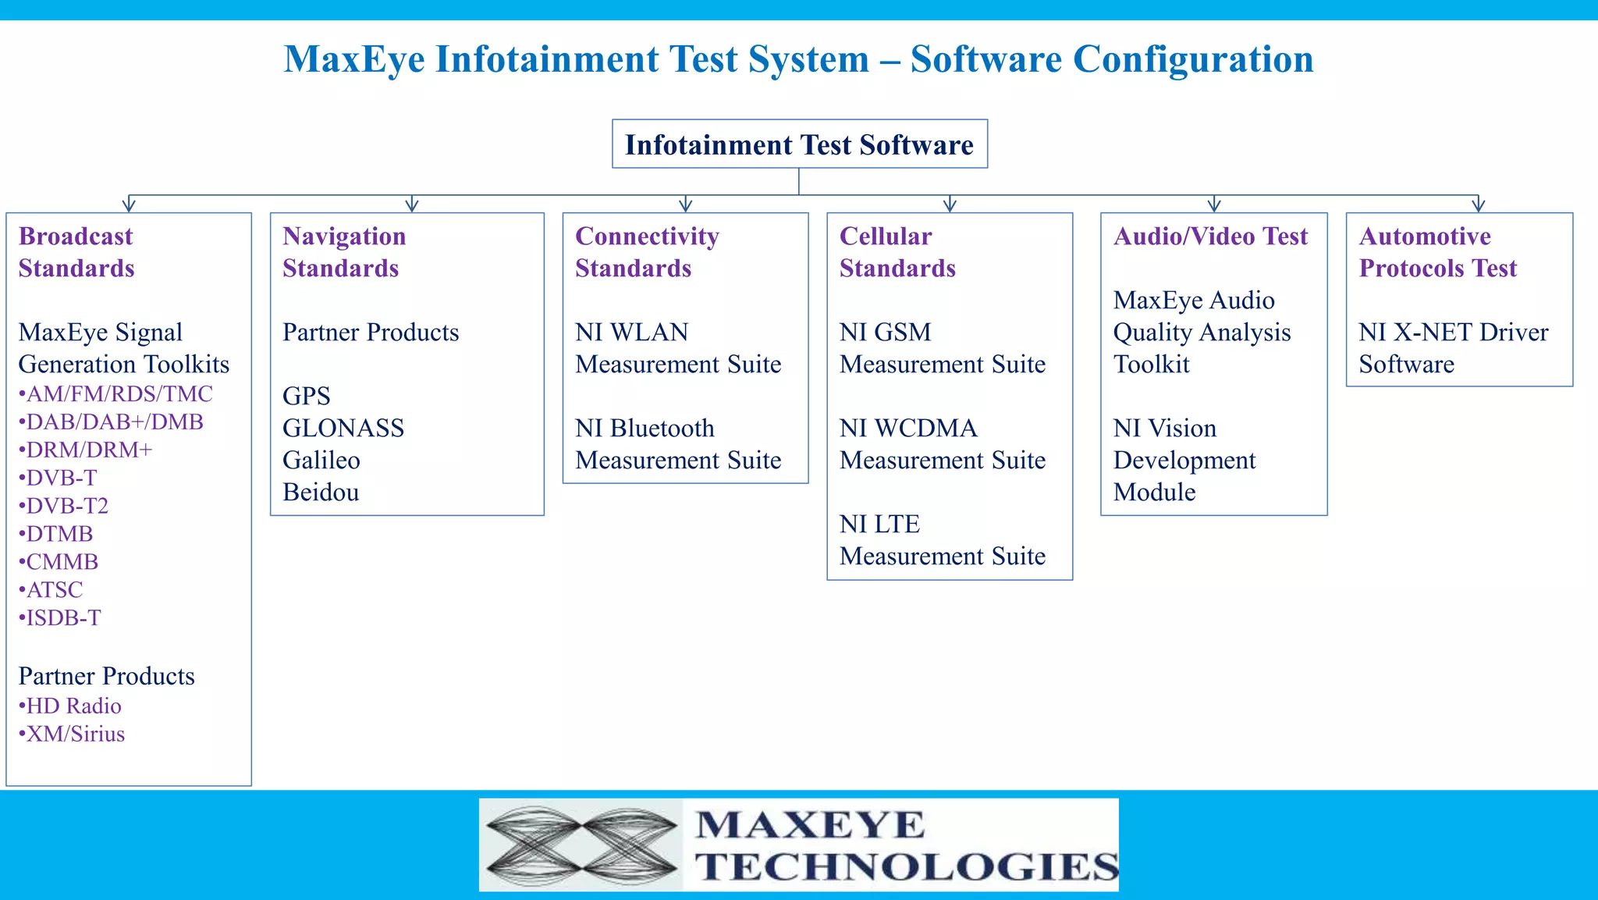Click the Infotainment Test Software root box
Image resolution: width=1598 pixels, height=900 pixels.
[799, 144]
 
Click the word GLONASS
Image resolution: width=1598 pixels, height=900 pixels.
[343, 429]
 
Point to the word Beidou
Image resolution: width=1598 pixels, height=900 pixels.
[321, 493]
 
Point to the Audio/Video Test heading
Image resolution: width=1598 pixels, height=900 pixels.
[1210, 237]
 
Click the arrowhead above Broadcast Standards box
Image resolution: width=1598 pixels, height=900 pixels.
[129, 205]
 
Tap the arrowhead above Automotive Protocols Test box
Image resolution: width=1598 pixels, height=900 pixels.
[1478, 205]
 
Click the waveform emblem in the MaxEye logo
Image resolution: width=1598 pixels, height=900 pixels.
[581, 845]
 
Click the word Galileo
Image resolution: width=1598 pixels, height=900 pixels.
[321, 461]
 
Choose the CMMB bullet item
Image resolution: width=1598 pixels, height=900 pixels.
[62, 562]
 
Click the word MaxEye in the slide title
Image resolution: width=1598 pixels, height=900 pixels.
[353, 59]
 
